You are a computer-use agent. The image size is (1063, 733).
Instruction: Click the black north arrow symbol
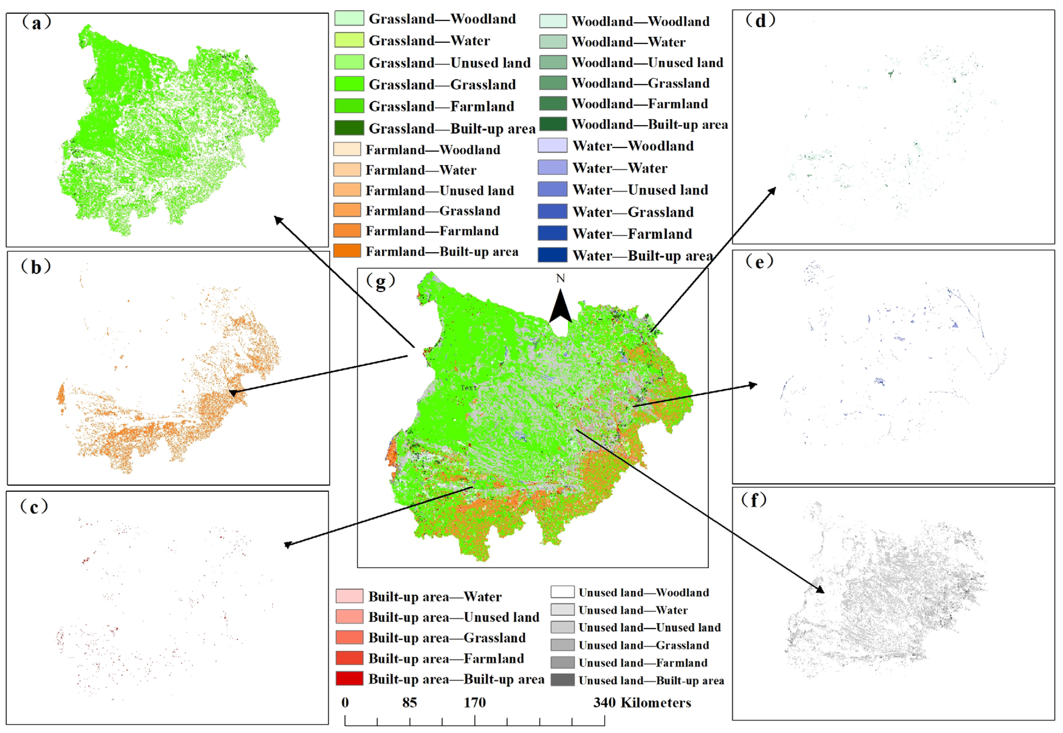point(561,307)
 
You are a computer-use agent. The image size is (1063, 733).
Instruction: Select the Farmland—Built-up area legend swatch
point(347,251)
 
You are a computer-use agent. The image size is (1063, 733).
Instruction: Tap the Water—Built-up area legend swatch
point(552,255)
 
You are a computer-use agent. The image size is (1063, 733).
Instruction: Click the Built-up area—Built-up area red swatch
point(349,679)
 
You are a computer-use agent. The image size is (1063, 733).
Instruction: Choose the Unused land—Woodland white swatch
point(562,592)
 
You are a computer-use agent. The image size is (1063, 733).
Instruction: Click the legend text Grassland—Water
point(429,41)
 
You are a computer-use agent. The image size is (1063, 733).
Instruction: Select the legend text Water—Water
point(620,168)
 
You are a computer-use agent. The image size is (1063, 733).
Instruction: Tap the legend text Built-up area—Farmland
point(446,659)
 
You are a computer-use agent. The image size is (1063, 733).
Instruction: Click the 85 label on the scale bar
point(409,703)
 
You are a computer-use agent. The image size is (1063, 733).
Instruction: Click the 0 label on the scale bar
point(345,703)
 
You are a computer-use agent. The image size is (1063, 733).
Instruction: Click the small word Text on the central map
point(469,388)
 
